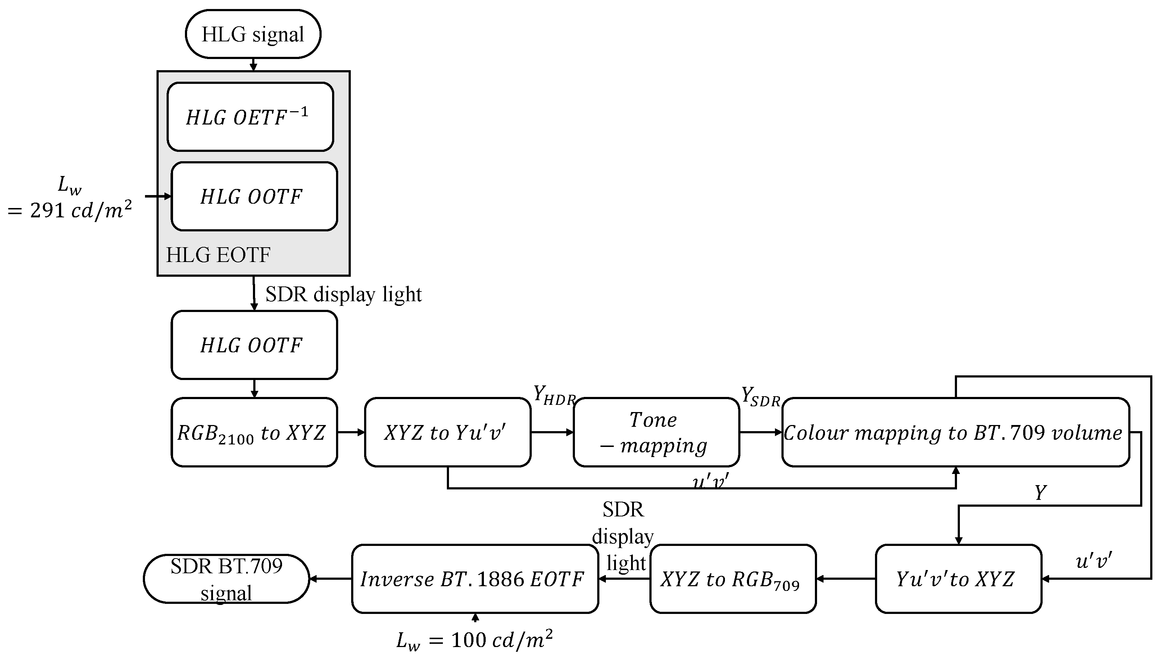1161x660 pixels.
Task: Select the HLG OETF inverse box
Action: [x=250, y=117]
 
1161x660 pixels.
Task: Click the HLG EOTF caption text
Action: [x=218, y=255]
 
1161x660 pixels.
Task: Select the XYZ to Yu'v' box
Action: [x=447, y=432]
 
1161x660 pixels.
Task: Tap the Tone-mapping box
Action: [x=656, y=432]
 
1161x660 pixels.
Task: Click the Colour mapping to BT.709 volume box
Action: [x=955, y=432]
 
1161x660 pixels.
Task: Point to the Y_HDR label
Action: [x=553, y=395]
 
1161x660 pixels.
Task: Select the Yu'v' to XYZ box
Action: [x=958, y=579]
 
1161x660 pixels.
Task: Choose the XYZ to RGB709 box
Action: [x=732, y=579]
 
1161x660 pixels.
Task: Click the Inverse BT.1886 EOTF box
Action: [x=475, y=579]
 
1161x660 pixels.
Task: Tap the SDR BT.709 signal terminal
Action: [x=226, y=579]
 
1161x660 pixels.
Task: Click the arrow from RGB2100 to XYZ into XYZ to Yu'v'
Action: [x=351, y=432]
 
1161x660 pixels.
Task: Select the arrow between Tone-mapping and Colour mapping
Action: [x=761, y=432]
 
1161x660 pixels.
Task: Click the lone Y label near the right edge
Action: [x=1040, y=492]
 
